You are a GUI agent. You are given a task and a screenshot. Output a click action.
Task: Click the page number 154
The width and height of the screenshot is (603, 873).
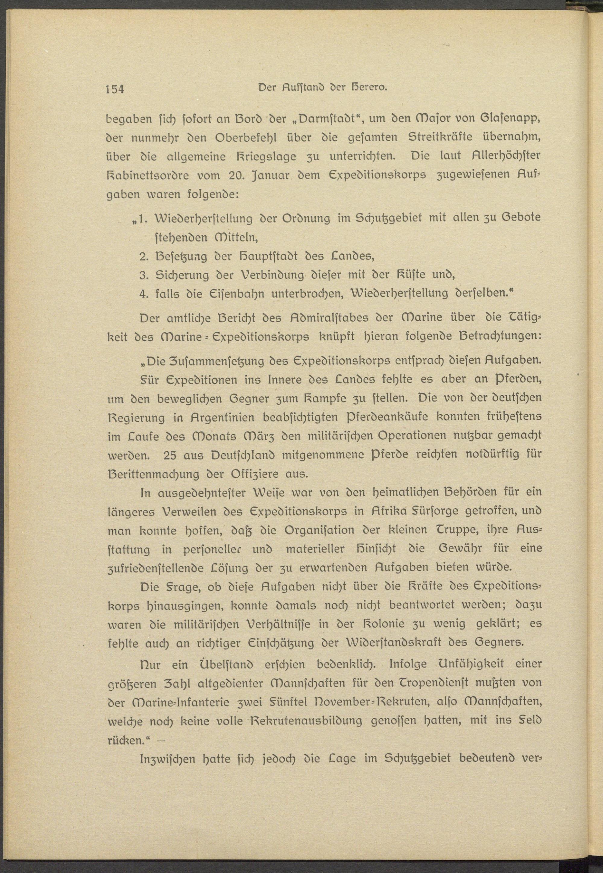tap(115, 89)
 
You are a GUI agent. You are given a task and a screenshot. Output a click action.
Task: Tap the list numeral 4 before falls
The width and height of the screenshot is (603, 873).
tap(143, 294)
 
